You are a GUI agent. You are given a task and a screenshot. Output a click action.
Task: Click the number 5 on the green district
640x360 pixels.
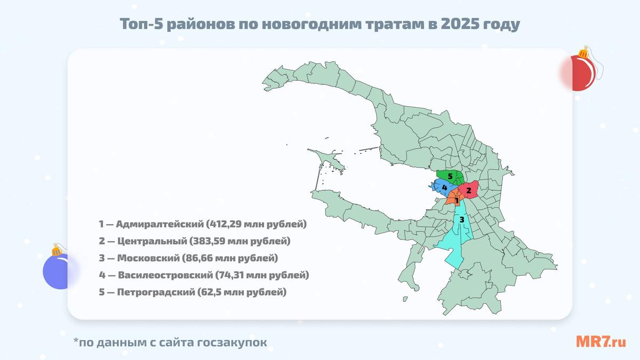pos(450,176)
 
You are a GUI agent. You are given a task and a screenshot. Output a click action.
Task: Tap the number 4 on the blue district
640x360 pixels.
pos(444,188)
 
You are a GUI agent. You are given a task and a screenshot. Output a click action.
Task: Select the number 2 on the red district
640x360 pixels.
pos(469,190)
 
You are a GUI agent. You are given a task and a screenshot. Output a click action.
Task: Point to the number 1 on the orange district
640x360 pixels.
pos(457,200)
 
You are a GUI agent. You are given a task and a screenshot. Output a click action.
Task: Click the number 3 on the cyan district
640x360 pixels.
pos(462,220)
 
